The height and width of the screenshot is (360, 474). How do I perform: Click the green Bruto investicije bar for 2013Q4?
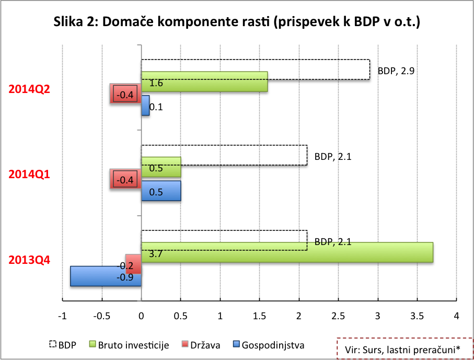(x=287, y=252)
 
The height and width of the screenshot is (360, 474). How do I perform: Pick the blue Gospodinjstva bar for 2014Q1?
(x=161, y=191)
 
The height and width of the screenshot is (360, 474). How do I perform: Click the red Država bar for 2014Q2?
(x=125, y=94)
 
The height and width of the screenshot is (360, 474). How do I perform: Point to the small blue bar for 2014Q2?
(x=145, y=106)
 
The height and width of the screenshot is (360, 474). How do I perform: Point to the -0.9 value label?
(x=125, y=277)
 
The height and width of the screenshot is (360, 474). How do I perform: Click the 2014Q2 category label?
(x=29, y=89)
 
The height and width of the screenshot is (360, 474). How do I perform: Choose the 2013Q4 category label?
(x=29, y=260)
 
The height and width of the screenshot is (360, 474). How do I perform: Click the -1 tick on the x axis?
(x=62, y=316)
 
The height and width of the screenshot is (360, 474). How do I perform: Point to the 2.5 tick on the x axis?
(x=338, y=316)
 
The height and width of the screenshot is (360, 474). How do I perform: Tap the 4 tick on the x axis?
(x=456, y=316)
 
